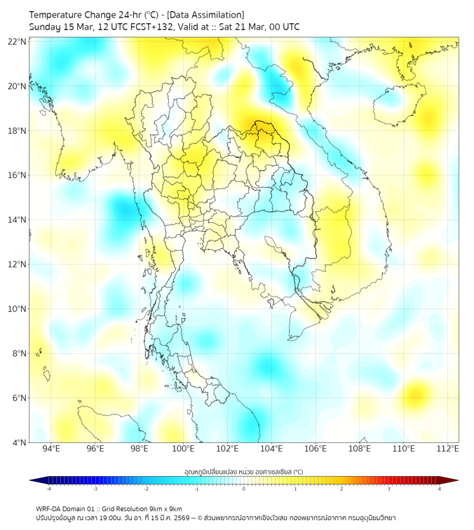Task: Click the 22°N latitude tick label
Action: point(18,41)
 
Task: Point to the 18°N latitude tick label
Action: point(18,130)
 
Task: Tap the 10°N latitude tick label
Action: point(18,308)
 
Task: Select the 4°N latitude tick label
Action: point(19,442)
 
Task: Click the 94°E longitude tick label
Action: point(51,449)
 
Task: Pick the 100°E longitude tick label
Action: point(184,449)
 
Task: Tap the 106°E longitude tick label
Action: point(316,449)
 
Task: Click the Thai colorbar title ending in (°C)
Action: point(243,471)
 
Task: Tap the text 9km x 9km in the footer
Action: point(165,508)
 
